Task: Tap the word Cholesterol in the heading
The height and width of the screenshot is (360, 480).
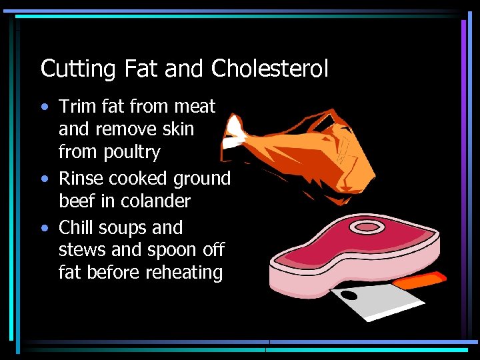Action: (x=270, y=68)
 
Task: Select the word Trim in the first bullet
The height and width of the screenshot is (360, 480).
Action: (x=75, y=106)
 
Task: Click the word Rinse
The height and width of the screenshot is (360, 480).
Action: (x=81, y=179)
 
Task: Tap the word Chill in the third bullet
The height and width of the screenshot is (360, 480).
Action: (x=76, y=227)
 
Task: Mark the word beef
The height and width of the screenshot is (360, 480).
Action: (x=79, y=201)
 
